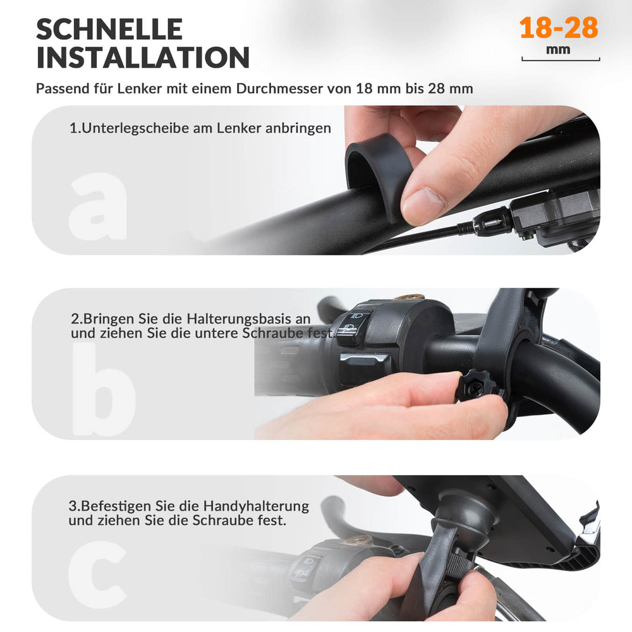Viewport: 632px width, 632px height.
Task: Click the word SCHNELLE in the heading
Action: (109, 29)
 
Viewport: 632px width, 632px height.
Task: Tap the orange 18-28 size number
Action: (559, 28)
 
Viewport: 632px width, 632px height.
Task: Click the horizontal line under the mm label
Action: (561, 61)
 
